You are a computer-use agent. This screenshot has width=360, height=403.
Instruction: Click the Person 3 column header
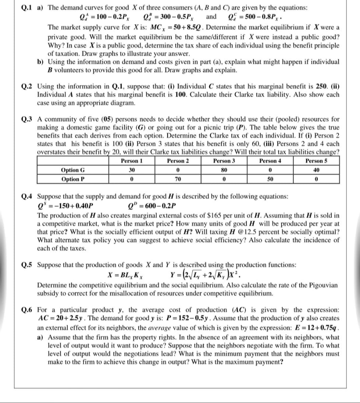point(224,161)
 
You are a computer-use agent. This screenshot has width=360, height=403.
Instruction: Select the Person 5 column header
point(317,161)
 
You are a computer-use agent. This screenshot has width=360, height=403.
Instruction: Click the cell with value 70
point(178,179)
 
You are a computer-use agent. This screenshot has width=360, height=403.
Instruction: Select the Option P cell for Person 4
point(270,179)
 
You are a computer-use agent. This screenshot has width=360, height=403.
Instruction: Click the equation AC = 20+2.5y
point(62,318)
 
